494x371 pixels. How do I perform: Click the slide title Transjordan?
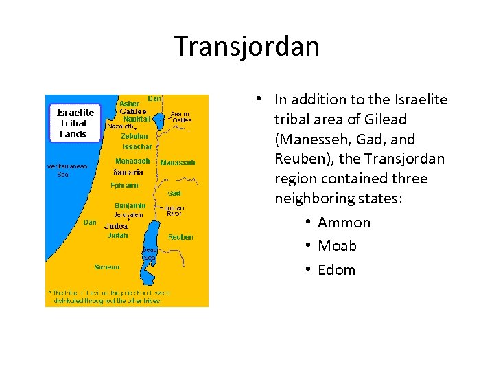(x=246, y=47)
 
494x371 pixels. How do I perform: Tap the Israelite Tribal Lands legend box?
(x=75, y=123)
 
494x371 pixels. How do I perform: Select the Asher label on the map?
(x=129, y=104)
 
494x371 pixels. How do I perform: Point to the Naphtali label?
(x=137, y=118)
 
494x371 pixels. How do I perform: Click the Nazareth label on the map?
(x=120, y=126)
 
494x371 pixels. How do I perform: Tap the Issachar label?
(x=137, y=146)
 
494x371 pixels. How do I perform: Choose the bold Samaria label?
(x=128, y=172)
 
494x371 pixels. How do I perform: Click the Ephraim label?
(x=124, y=185)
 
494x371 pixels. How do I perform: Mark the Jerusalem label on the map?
(x=129, y=215)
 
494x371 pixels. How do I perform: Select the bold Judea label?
(x=115, y=226)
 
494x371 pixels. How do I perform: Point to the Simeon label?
(x=107, y=267)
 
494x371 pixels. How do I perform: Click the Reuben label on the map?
(x=180, y=237)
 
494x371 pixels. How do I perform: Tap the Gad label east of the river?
(x=174, y=194)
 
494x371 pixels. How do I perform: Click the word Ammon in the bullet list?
(x=344, y=223)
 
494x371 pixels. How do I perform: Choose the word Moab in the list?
(x=337, y=246)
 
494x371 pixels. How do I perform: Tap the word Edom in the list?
(x=336, y=270)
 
